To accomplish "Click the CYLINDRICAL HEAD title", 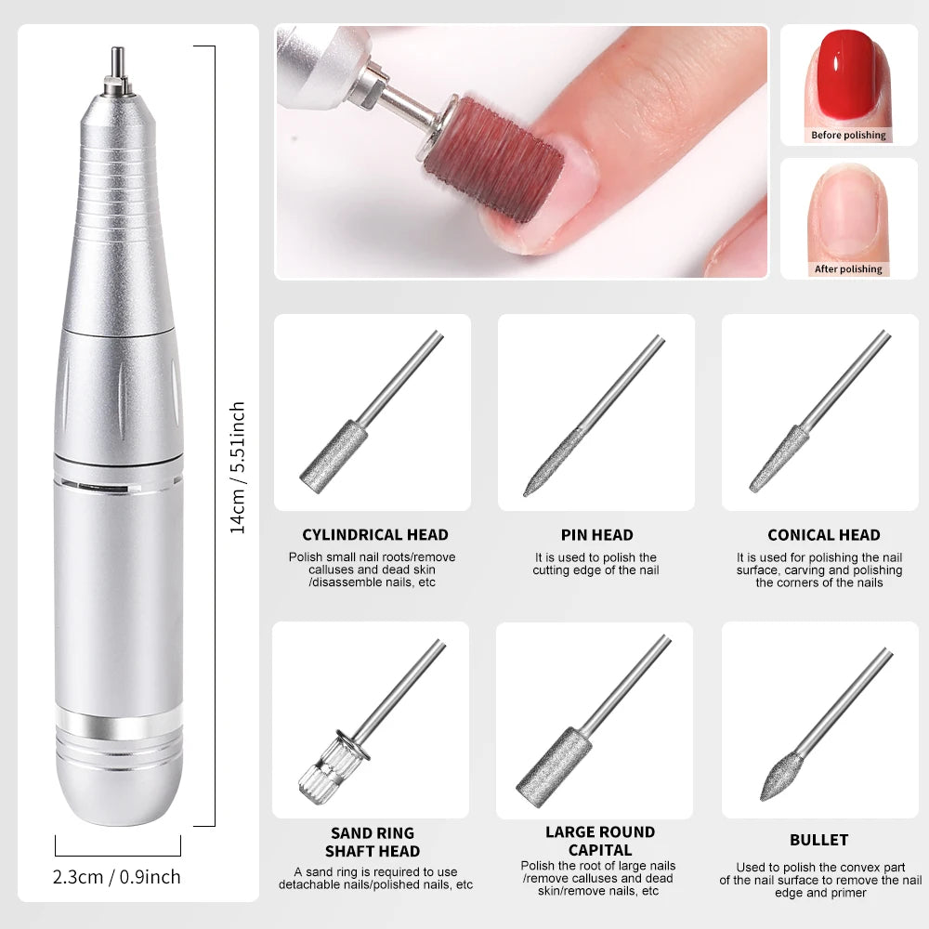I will coord(374,535).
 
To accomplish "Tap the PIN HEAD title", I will coord(596,535).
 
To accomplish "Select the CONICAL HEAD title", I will coord(823,535).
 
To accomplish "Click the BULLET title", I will coord(818,840).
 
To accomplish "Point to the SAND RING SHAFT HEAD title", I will coord(373,842).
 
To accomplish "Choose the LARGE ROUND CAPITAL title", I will coord(599,841).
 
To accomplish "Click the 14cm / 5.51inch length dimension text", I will coord(238,466).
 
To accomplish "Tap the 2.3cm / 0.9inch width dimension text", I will coord(117,877).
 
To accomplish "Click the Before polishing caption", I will coord(848,135).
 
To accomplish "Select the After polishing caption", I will coord(848,268).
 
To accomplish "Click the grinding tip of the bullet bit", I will coord(779,779).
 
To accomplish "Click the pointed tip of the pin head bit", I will coord(529,492).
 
